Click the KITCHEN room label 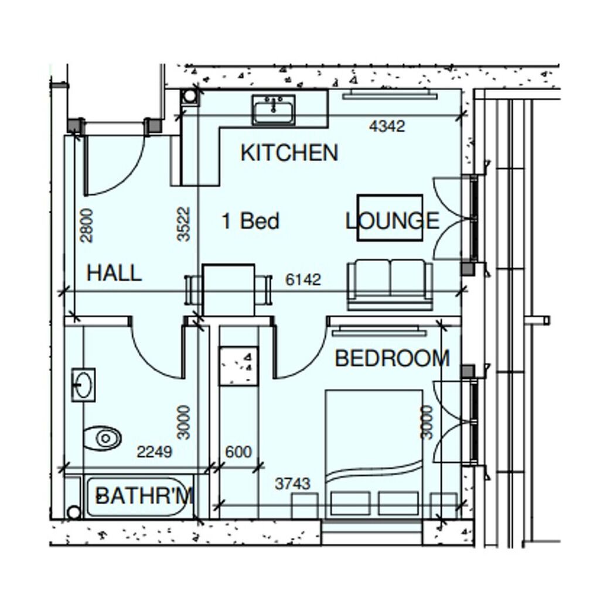click(x=289, y=153)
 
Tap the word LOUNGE click(x=392, y=221)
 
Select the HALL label click(x=114, y=273)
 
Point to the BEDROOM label click(x=392, y=358)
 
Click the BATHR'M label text click(x=144, y=495)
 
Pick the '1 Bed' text click(x=251, y=221)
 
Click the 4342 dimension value click(x=387, y=126)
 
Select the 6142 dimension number click(x=303, y=279)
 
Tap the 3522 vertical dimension click(x=183, y=224)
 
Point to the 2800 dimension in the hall click(x=86, y=225)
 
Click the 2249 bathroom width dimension click(x=155, y=452)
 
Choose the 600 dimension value click(x=238, y=452)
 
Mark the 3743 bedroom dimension click(x=293, y=484)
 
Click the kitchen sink click(x=274, y=109)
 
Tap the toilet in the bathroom click(x=102, y=438)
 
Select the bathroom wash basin click(x=83, y=385)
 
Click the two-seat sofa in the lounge click(x=390, y=285)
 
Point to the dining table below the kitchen click(x=229, y=289)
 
